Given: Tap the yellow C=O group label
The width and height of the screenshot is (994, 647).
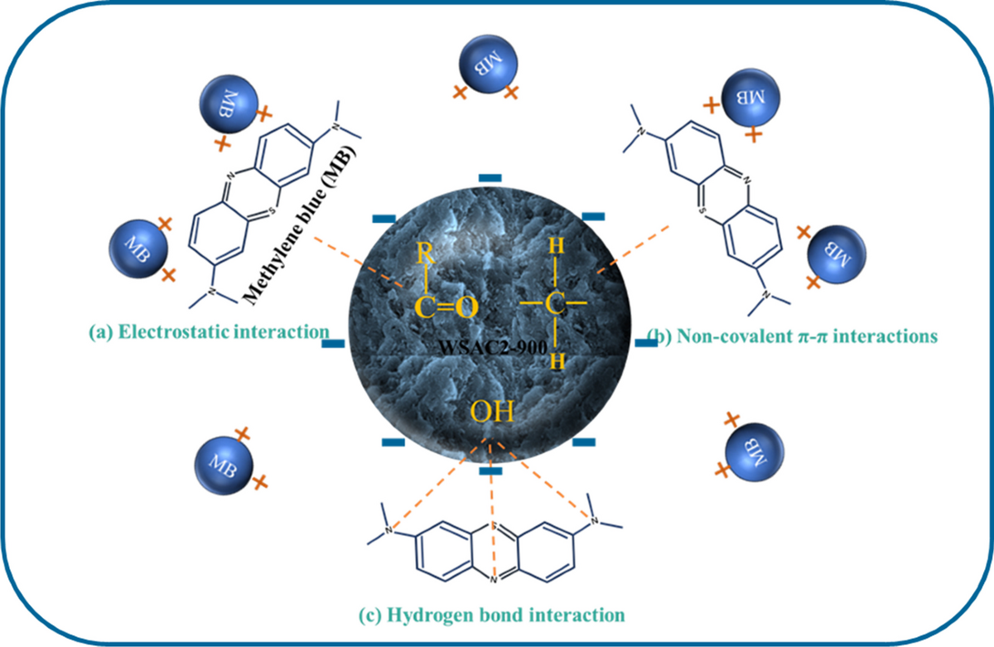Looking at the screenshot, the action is point(445,309).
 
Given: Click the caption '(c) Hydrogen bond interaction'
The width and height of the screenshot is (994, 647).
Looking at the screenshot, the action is point(490,615).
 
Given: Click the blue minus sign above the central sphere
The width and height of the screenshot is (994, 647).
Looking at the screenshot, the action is point(491,177).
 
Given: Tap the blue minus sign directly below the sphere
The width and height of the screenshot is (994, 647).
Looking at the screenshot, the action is point(491,471).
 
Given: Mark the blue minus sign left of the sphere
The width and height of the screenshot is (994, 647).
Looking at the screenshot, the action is point(335,343).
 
